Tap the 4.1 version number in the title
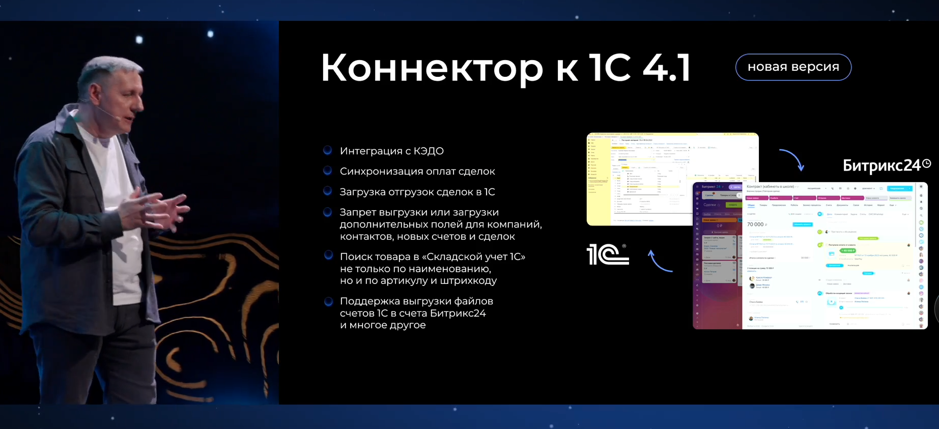(x=666, y=68)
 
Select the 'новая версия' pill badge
(x=793, y=67)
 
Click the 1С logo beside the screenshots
(x=608, y=254)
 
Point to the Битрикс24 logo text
(x=881, y=165)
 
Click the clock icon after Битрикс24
(x=927, y=163)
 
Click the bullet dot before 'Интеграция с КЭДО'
(x=328, y=150)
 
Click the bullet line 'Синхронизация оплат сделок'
(x=417, y=171)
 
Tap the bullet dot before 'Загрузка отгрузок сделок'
(x=328, y=191)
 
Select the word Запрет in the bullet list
(x=360, y=212)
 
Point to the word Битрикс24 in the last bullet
(x=458, y=313)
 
